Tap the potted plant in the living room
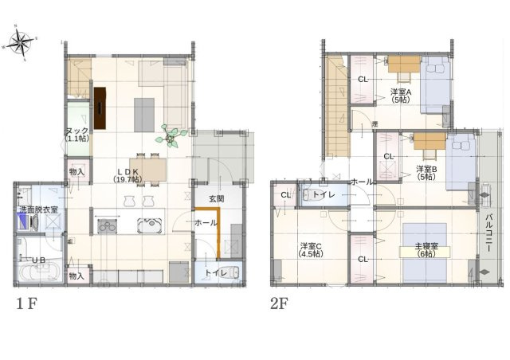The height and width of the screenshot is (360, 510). pos(171,136)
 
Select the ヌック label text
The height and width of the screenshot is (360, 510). pos(77,131)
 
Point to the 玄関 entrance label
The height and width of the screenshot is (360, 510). pos(217,199)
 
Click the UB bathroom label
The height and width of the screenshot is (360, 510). pos(37,260)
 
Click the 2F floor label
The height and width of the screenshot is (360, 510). pos(278,303)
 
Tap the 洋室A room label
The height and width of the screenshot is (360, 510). pos(401,92)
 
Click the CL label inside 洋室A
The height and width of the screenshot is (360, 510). pos(363,79)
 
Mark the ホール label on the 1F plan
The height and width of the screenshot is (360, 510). pos(206,224)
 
